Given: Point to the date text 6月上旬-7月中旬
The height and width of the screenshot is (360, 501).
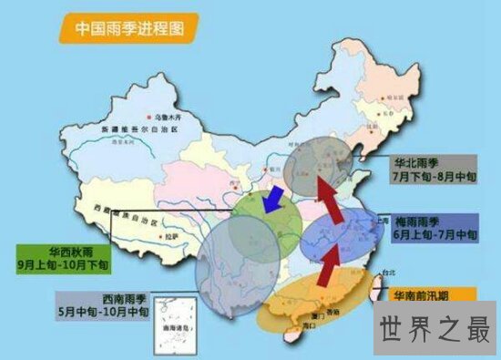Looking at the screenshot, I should (432, 234).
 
